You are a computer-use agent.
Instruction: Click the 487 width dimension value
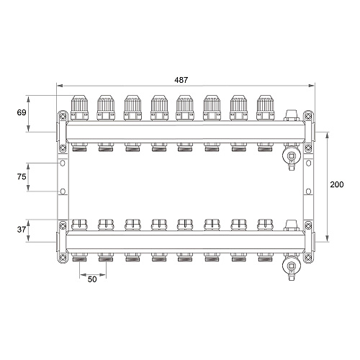click(x=181, y=80)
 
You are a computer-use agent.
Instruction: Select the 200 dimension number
click(x=337, y=184)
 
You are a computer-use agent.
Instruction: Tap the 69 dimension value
click(x=22, y=112)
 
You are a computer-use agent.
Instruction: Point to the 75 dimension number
click(x=22, y=176)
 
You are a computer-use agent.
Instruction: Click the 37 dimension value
click(x=22, y=230)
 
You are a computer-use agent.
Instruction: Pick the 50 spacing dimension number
click(x=92, y=279)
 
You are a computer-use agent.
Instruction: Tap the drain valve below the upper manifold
click(x=292, y=156)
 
